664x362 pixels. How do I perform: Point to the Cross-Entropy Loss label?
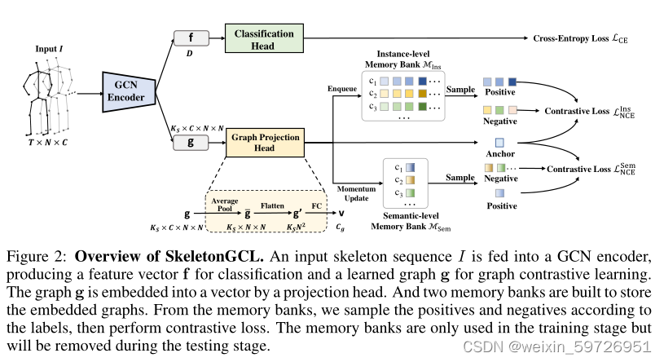581,38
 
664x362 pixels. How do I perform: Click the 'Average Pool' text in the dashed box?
224,204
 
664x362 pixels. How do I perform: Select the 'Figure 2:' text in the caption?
41,252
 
